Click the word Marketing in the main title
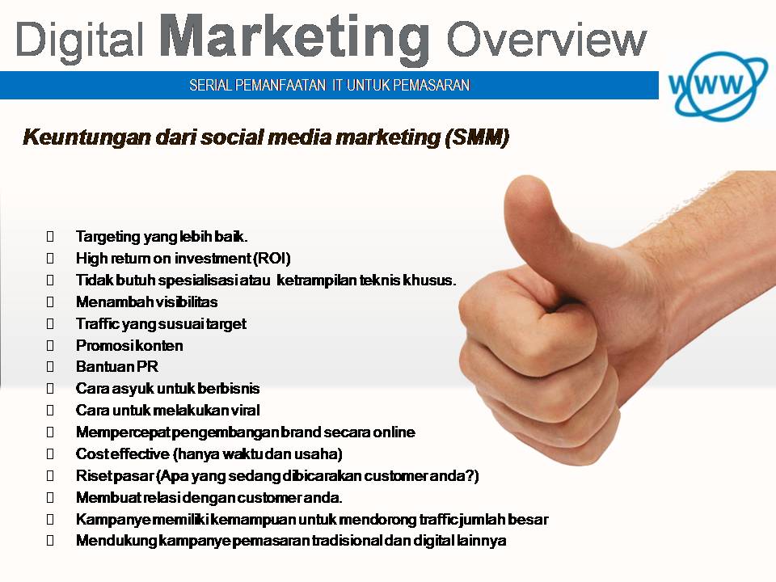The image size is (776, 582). coord(295,37)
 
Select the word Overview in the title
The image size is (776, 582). coord(546,39)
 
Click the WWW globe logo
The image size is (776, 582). coord(715,84)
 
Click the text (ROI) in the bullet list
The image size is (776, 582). coord(272,259)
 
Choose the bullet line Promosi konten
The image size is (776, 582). coord(129,345)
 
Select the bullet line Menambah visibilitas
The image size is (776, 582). coord(146,302)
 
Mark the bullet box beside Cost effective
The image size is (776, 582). coord(51,454)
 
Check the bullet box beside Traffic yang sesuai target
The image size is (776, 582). coord(51,324)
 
